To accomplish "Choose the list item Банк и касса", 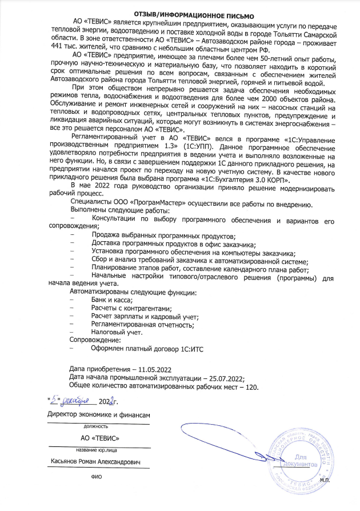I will click(x=112, y=301).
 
